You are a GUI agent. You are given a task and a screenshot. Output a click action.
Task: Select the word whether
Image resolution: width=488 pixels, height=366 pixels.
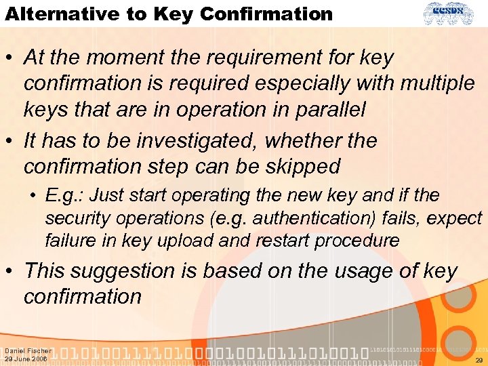click(x=296, y=140)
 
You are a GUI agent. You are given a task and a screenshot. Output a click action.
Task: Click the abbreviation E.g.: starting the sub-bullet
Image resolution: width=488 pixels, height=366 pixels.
click(x=66, y=196)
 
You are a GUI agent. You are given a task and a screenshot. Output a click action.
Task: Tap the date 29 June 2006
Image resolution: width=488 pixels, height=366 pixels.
click(x=26, y=359)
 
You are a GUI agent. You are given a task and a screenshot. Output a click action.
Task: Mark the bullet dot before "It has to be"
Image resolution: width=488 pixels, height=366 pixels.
click(x=11, y=141)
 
